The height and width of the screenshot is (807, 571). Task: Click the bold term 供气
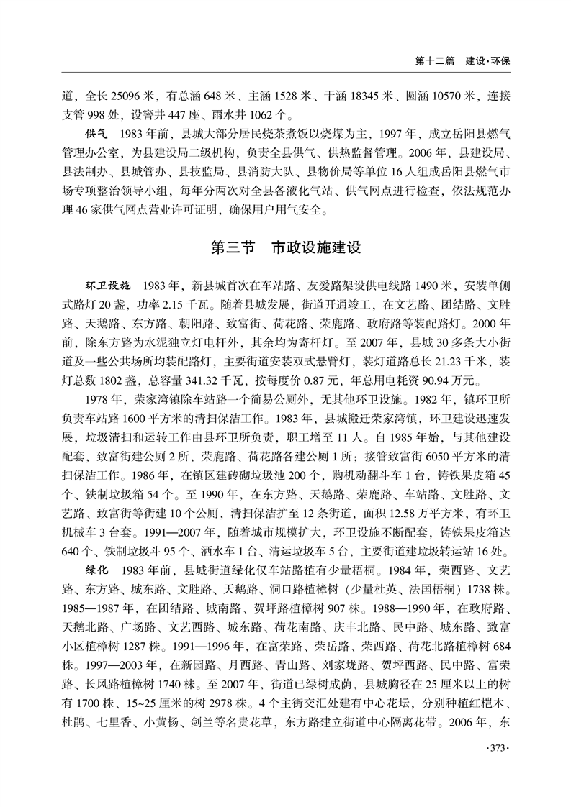96,134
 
